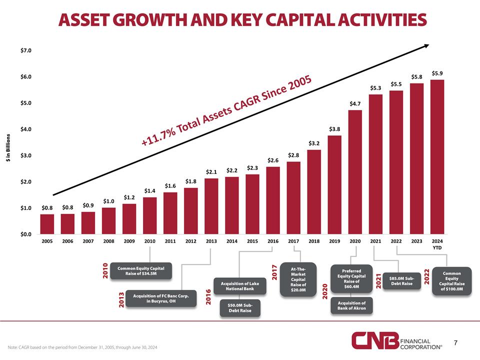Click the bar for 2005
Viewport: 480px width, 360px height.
click(47, 224)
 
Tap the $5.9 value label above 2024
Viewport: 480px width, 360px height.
click(437, 73)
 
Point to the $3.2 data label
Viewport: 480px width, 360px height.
click(314, 143)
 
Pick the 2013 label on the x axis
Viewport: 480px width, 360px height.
click(211, 241)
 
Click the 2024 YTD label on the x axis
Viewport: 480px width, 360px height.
click(437, 243)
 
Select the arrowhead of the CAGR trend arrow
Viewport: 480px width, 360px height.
click(426, 46)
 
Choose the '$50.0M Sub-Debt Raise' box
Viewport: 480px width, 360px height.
click(239, 308)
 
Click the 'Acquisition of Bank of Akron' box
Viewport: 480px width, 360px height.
click(351, 305)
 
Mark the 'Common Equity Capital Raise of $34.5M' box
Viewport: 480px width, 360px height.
click(140, 271)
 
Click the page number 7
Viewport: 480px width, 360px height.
click(456, 343)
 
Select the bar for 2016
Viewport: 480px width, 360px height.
click(273, 200)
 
